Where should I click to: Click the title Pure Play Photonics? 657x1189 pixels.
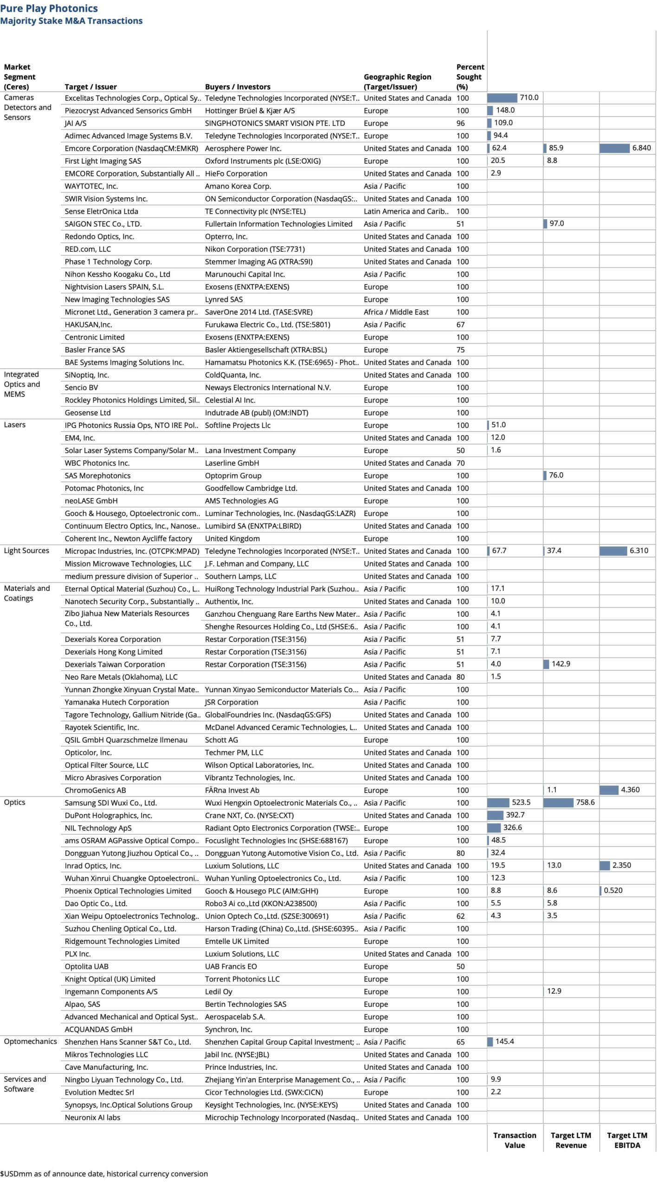pos(49,8)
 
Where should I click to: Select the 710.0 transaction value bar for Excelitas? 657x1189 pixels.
pos(502,98)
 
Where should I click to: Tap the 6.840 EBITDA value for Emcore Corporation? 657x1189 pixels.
pos(641,148)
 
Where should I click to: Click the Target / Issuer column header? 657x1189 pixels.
pos(90,87)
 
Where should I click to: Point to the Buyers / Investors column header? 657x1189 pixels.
pos(238,87)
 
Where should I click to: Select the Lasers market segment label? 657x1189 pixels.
pos(14,425)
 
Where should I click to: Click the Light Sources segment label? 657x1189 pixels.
pos(26,550)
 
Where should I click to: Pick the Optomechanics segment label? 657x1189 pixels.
pos(30,1041)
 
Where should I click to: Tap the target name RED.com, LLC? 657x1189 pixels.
pos(88,249)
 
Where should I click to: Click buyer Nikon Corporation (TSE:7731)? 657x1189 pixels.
pos(255,249)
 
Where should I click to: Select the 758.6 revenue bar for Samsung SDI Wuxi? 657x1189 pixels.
pos(558,802)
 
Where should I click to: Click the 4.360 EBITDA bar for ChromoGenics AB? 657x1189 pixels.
pos(609,790)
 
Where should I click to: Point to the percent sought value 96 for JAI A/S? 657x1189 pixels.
pos(460,123)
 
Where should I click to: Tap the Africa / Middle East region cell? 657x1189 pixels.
pos(396,312)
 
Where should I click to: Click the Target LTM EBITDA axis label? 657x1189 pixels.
pos(627,1140)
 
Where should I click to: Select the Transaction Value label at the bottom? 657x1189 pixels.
pos(515,1140)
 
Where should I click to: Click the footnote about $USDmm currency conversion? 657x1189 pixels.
pos(104,1174)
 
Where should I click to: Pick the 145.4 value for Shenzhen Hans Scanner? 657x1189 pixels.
pos(504,1041)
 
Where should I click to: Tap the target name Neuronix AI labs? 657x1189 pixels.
pos(92,1117)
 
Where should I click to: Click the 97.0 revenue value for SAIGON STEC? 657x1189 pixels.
pos(556,223)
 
